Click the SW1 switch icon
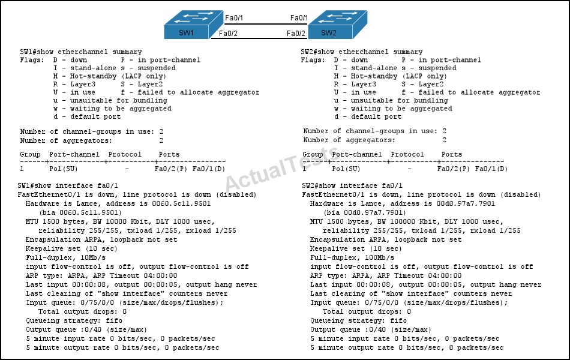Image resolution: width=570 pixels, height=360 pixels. (x=193, y=25)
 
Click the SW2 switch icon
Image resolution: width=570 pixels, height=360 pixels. (x=338, y=25)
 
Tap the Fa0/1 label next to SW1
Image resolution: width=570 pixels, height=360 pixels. (x=234, y=18)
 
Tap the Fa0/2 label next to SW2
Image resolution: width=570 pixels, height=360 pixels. (x=296, y=34)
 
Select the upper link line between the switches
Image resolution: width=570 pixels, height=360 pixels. (x=265, y=24)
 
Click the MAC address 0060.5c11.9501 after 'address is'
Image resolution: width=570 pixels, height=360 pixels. (x=181, y=203)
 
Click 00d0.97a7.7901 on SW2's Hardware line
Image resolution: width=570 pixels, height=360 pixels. (x=466, y=203)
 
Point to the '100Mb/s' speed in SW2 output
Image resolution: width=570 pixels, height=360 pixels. (x=379, y=257)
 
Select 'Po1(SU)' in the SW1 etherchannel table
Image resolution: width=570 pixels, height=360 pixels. (x=64, y=169)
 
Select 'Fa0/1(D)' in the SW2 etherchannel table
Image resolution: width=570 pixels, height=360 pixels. (x=491, y=169)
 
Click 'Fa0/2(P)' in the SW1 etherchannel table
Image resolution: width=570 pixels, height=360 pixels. (x=171, y=169)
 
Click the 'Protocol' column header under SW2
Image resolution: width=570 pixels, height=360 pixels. (x=407, y=154)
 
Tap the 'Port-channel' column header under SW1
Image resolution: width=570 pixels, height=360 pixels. (x=74, y=154)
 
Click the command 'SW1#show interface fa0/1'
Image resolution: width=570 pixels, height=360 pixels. (x=68, y=185)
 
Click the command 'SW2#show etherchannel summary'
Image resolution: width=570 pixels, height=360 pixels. (x=362, y=52)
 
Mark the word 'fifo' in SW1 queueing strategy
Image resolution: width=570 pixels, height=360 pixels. (x=114, y=320)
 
